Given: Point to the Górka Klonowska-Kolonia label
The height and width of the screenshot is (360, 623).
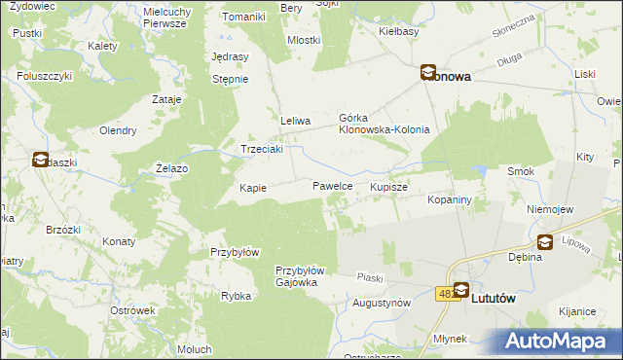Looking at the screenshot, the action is (384, 123).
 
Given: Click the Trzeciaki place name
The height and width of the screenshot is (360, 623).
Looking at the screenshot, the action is (262, 150).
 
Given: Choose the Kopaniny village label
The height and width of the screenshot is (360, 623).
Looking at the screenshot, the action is (450, 199).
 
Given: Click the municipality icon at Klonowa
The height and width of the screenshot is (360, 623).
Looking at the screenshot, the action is (427, 72).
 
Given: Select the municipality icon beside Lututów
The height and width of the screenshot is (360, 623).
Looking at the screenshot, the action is (460, 290).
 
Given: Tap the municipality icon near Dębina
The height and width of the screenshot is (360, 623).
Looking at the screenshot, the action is (545, 242).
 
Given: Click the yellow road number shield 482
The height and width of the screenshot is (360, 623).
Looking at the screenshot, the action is (446, 292).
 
